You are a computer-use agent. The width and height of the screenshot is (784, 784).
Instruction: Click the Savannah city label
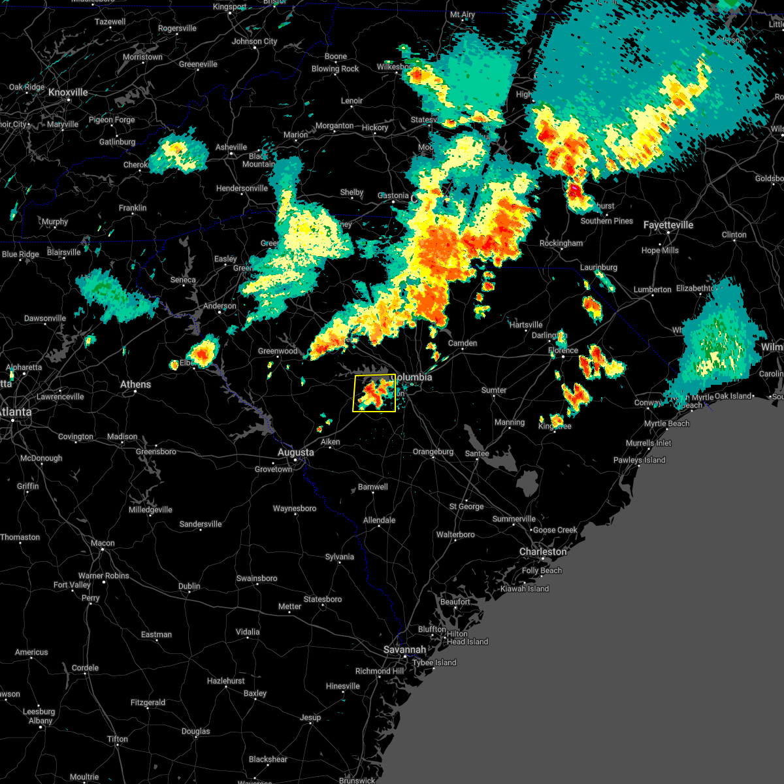[405, 649]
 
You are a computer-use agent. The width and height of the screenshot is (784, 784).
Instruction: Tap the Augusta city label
[295, 452]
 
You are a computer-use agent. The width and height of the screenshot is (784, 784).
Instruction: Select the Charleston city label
[543, 551]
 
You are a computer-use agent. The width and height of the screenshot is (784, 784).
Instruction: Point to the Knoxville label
[68, 93]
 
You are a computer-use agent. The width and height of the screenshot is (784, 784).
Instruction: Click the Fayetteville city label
[668, 225]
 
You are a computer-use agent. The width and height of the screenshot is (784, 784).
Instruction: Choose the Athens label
[135, 384]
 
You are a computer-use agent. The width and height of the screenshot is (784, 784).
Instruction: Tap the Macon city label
[103, 543]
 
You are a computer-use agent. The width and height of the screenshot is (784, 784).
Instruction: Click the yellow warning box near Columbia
[374, 393]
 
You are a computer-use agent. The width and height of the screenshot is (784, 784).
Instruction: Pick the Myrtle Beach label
[666, 423]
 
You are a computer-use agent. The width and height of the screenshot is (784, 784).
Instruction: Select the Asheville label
[231, 147]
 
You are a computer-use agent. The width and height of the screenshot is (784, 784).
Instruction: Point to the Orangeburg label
[433, 451]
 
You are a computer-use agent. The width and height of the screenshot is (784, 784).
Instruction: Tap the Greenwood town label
[278, 351]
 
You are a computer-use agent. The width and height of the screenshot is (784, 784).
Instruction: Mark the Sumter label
[494, 390]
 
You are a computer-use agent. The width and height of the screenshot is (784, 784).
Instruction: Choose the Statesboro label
[323, 599]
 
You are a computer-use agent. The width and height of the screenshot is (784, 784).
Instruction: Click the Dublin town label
[189, 586]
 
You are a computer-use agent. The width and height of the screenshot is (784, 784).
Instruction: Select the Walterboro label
[455, 534]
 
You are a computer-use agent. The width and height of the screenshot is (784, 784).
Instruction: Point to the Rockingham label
[561, 243]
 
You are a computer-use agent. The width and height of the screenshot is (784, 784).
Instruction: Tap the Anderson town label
[220, 306]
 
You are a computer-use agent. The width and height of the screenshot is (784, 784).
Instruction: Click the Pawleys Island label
[639, 460]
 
